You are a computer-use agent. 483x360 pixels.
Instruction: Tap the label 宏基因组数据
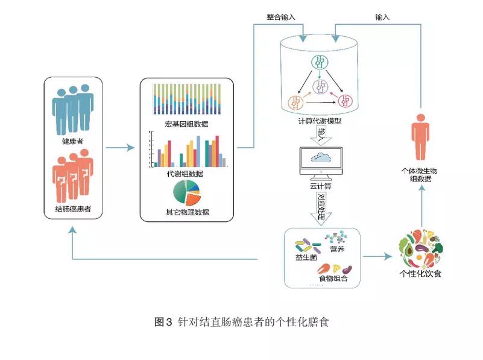click(x=187, y=124)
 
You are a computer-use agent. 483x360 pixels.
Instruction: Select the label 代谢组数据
click(x=185, y=174)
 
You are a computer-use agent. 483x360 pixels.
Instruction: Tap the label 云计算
click(x=320, y=186)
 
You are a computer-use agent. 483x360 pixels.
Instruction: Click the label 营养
click(x=337, y=249)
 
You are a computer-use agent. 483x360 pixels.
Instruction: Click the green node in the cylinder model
click(x=320, y=63)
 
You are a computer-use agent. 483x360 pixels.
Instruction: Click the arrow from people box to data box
click(x=119, y=148)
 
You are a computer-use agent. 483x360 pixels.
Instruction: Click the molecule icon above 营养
click(x=335, y=237)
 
